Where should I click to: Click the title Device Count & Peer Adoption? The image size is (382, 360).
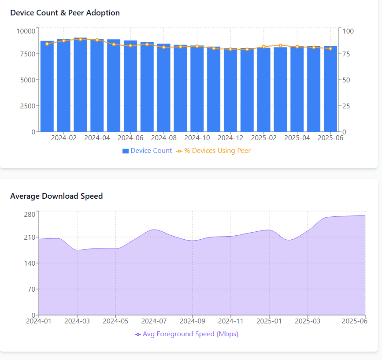[x=65, y=13]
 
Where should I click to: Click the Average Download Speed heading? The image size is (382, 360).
[x=56, y=196]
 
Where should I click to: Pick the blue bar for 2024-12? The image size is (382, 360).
[x=230, y=90]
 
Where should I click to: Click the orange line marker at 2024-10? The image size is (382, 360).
[x=197, y=46]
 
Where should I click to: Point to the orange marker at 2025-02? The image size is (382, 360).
[x=264, y=47]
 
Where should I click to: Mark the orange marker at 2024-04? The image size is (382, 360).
[x=97, y=40]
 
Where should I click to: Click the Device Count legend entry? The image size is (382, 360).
[x=147, y=151]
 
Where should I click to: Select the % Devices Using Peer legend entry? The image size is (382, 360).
[x=214, y=151]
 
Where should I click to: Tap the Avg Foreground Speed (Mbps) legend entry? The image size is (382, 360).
[x=187, y=334]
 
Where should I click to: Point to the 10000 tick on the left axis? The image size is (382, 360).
[x=26, y=31]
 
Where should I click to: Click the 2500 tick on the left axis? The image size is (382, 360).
[x=27, y=106]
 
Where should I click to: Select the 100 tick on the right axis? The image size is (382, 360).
[x=348, y=31]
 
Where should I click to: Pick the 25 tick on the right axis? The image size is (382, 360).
[x=346, y=106]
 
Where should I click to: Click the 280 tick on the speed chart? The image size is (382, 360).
[x=30, y=215]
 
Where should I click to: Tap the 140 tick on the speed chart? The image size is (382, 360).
[x=30, y=263]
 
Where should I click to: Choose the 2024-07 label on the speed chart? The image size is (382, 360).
[x=154, y=322]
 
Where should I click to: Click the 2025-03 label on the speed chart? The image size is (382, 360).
[x=308, y=322]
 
